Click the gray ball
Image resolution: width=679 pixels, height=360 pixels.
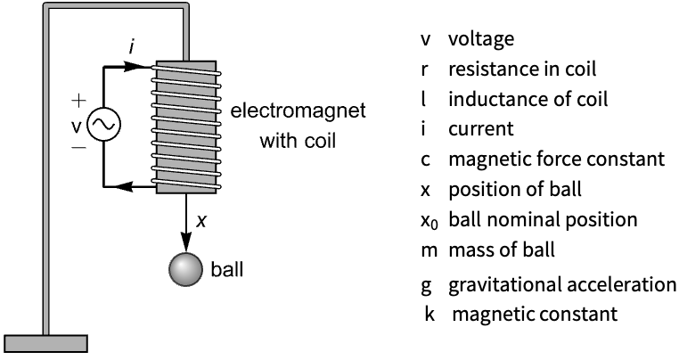(x=185, y=269)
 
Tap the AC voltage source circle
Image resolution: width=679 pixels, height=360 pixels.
(x=104, y=125)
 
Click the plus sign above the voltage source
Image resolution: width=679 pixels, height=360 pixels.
(x=78, y=101)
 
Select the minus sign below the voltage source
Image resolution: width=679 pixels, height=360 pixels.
(x=78, y=148)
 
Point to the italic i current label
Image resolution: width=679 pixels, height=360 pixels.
(x=131, y=48)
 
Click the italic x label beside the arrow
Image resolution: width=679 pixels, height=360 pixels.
(x=201, y=221)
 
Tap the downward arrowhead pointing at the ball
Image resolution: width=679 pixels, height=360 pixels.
(x=186, y=242)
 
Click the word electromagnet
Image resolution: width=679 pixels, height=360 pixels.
(x=298, y=110)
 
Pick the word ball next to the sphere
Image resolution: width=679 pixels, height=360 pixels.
(x=227, y=269)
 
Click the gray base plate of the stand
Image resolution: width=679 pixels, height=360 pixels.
(x=46, y=344)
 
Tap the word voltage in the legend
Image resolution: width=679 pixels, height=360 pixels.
(x=481, y=39)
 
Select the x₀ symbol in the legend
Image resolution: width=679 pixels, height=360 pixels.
(x=429, y=221)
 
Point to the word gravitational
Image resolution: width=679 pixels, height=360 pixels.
(x=504, y=285)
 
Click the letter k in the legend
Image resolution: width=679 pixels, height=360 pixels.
(x=429, y=314)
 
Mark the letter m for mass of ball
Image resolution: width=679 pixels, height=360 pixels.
(x=429, y=251)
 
